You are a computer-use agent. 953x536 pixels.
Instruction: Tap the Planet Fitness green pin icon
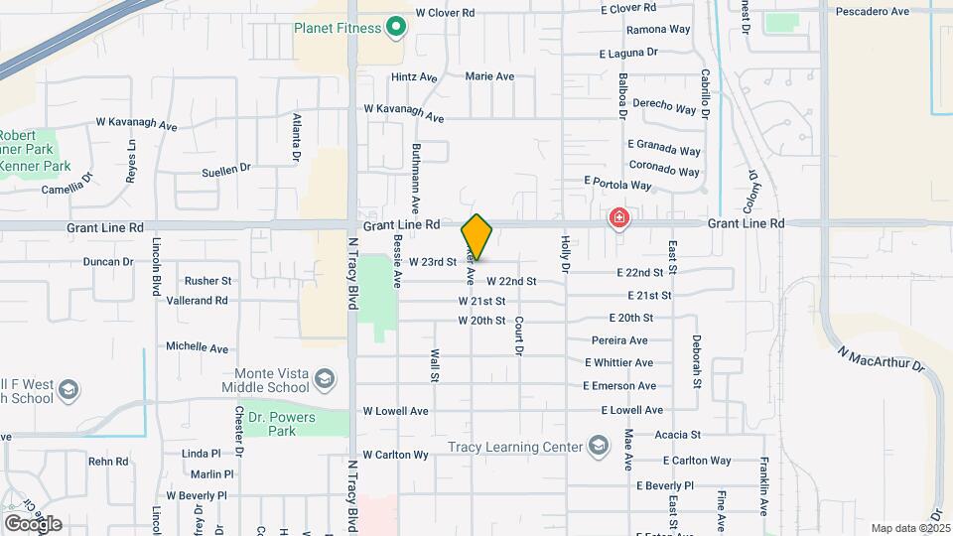[x=396, y=27]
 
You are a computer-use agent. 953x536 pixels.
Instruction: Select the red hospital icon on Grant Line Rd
[x=619, y=216]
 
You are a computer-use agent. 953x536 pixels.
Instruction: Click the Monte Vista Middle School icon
[x=324, y=378]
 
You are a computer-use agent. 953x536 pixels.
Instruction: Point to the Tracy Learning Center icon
[x=598, y=447]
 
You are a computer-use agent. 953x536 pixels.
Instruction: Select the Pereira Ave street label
[x=619, y=340]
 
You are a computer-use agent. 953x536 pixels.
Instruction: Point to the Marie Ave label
[x=489, y=76]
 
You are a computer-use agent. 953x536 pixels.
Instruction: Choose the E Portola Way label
[x=617, y=184]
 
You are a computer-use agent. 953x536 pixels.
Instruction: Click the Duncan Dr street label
[x=108, y=262]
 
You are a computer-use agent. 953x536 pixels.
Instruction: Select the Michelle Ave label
[x=198, y=347]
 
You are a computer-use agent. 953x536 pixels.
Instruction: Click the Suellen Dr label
[x=226, y=170]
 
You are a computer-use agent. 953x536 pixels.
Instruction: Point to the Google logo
[x=32, y=523]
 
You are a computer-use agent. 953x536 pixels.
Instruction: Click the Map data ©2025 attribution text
[x=910, y=528]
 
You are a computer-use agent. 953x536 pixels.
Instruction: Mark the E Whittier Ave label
[x=617, y=363]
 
